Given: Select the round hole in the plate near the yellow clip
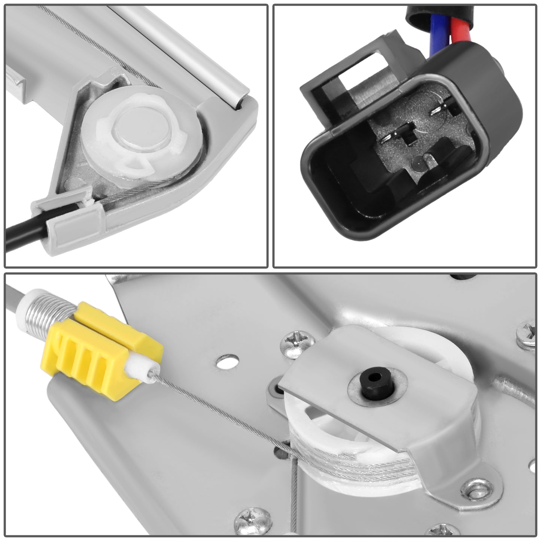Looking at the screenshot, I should pos(227,361).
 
